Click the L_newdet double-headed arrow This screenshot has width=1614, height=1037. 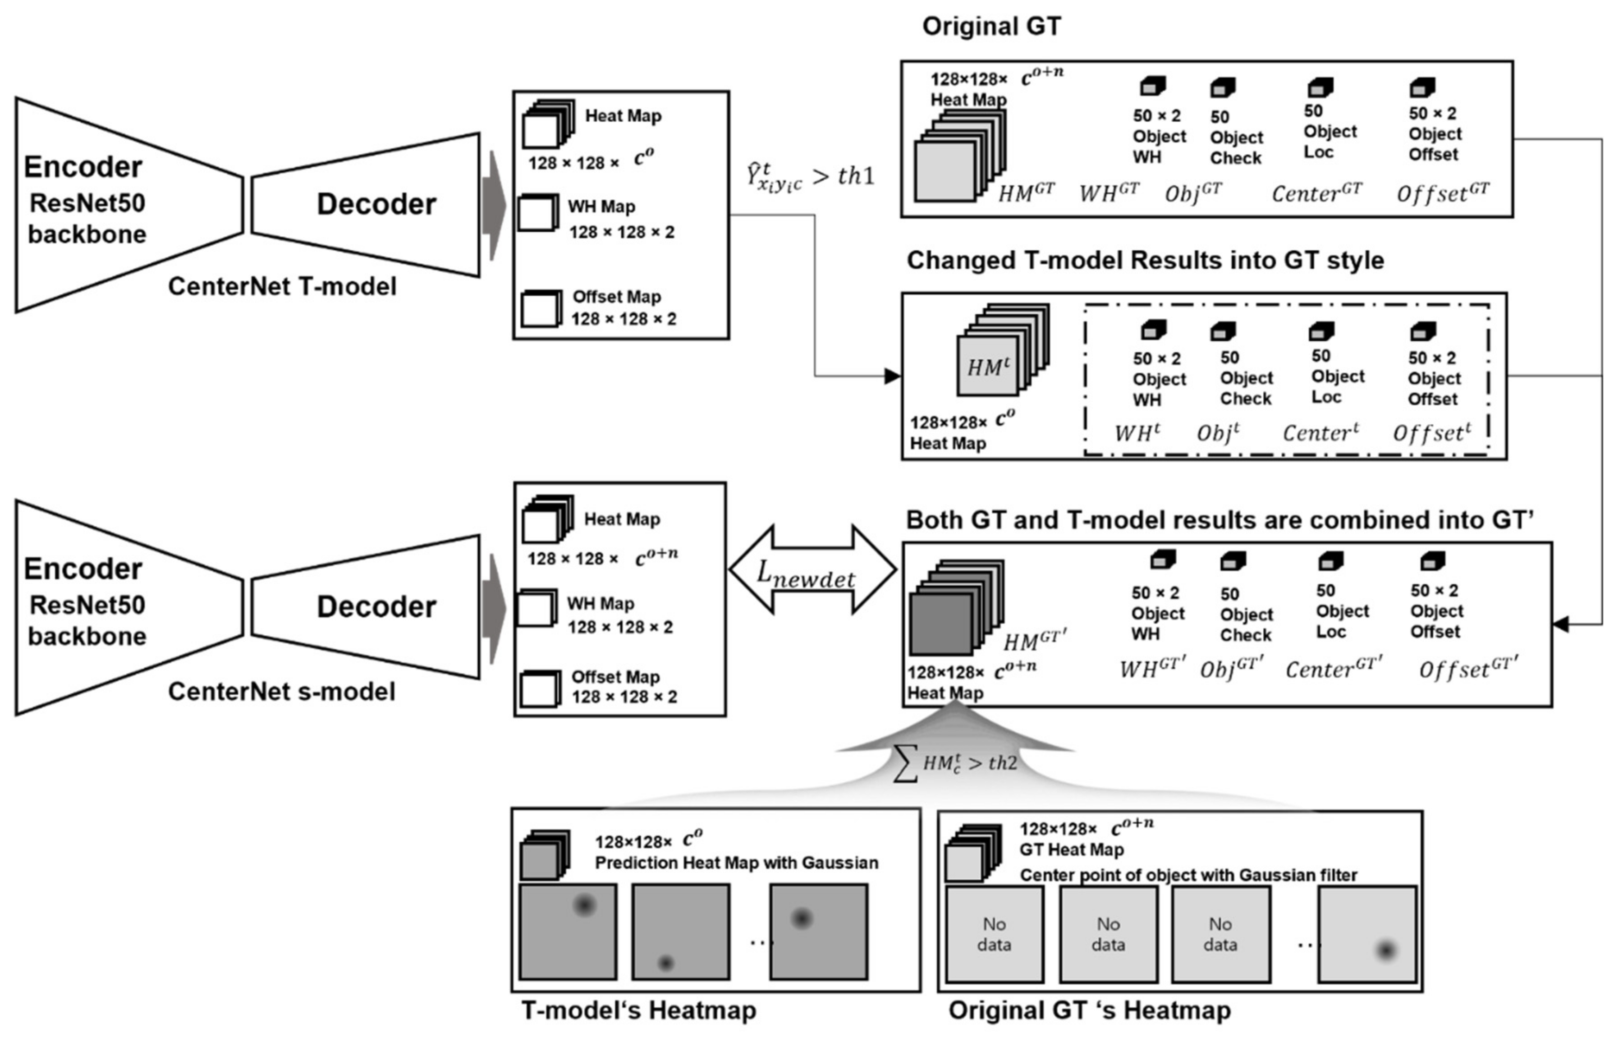pyautogui.click(x=813, y=570)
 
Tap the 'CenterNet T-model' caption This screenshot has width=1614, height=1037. pyautogui.click(x=282, y=287)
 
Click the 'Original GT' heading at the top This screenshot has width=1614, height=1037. pyautogui.click(x=991, y=26)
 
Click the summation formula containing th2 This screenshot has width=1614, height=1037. pyautogui.click(x=955, y=764)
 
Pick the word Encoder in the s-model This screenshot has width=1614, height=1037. pyautogui.click(x=83, y=569)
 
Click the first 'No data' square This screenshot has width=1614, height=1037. pyautogui.click(x=995, y=934)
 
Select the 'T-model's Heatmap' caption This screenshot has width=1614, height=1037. pyautogui.click(x=638, y=1010)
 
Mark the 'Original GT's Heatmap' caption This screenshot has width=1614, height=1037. pyautogui.click(x=1090, y=1010)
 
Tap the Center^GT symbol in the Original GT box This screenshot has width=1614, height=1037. pyautogui.click(x=1316, y=193)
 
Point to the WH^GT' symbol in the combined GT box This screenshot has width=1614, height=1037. pyautogui.click(x=1151, y=669)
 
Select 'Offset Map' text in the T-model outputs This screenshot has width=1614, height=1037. pyautogui.click(x=616, y=297)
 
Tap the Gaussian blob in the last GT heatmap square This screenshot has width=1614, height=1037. pyautogui.click(x=1386, y=950)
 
